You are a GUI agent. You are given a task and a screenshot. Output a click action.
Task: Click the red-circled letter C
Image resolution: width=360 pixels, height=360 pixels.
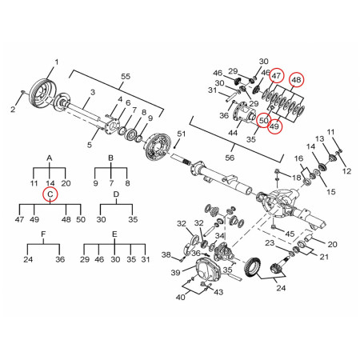click(50, 194)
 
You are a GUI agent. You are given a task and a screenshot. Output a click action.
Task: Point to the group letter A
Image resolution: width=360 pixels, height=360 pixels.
click(50, 158)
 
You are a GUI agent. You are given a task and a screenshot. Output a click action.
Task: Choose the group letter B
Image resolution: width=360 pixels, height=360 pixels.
click(112, 158)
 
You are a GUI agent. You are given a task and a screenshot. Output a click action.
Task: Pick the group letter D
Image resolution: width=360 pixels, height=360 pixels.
click(116, 194)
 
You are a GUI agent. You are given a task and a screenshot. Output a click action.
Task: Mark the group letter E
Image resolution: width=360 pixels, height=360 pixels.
click(115, 234)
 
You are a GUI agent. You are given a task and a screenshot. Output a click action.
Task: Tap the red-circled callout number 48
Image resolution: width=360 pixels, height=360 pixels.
click(297, 79)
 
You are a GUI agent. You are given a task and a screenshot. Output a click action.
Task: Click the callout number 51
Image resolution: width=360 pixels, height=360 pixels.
click(181, 133)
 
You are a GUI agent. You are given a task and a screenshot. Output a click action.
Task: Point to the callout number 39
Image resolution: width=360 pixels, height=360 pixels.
click(174, 273)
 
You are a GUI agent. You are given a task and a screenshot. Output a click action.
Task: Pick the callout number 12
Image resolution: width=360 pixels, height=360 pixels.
click(346, 171)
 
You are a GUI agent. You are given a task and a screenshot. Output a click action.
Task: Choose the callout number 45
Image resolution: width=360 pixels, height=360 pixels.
click(290, 234)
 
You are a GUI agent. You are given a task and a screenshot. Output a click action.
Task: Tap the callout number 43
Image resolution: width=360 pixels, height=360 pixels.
click(218, 293)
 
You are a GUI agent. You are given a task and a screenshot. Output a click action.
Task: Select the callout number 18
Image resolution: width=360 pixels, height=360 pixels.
click(295, 176)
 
